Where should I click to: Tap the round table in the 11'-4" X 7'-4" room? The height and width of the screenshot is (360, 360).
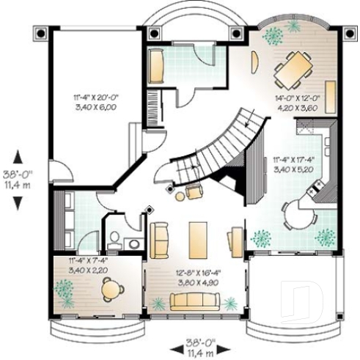coord(110,290)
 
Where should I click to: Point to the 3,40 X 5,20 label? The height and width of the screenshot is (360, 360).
coord(292,169)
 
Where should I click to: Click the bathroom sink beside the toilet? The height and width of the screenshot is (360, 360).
coord(134,242)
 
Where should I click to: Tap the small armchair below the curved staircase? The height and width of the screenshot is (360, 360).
coord(194,192)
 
